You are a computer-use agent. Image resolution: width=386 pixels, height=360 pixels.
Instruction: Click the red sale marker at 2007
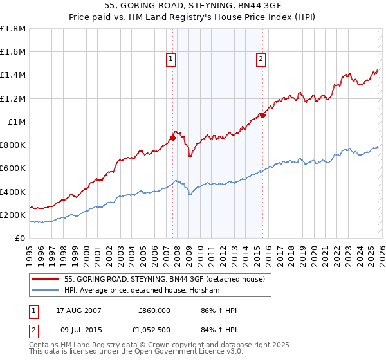[172, 137]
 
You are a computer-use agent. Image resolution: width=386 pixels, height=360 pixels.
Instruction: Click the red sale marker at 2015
[262, 115]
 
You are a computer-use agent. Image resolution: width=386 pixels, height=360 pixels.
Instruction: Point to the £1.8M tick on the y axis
[13, 29]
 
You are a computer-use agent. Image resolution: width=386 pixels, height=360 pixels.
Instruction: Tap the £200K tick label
[13, 215]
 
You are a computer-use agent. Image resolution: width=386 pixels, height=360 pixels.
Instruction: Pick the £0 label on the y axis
[20, 238]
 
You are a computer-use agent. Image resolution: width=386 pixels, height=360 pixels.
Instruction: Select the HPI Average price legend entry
[142, 291]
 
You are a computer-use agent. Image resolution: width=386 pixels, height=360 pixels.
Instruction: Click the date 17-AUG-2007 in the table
[73, 310]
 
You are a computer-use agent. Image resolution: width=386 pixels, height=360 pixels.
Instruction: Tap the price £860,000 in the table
[154, 310]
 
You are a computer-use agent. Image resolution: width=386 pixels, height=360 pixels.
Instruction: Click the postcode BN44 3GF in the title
[221, 4]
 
